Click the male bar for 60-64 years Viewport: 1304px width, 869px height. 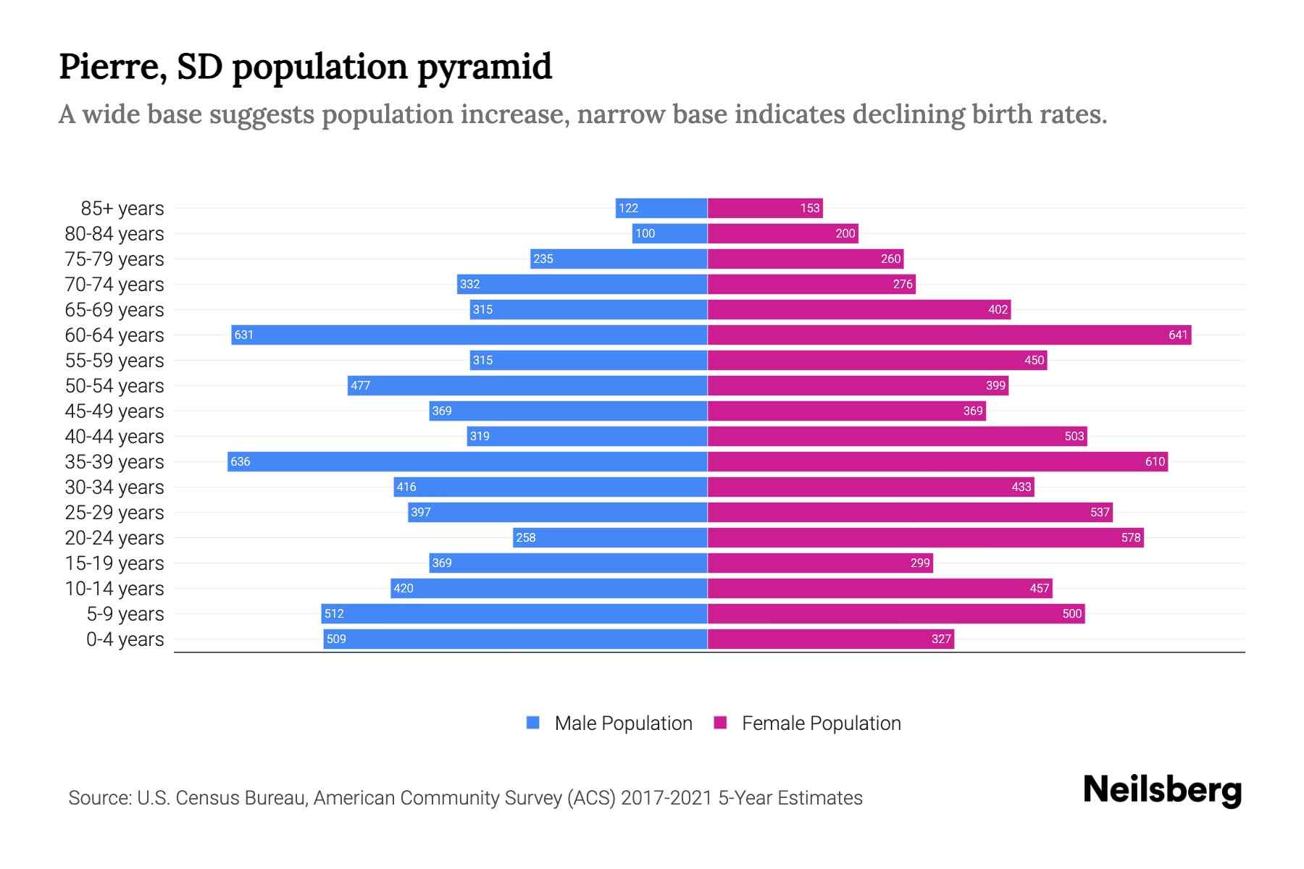point(469,335)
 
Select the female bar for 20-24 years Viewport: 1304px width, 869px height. point(925,537)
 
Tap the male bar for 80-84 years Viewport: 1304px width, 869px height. point(669,233)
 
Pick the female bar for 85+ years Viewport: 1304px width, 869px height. point(765,208)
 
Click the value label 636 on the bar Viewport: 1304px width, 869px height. point(240,461)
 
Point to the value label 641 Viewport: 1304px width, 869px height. point(1178,335)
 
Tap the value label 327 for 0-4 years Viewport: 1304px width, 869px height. point(941,639)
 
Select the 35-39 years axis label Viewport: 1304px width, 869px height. point(114,461)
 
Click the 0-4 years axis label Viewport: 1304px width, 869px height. point(125,639)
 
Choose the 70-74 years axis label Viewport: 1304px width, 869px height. point(114,284)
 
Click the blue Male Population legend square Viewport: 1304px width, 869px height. point(533,723)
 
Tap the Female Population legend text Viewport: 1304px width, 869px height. point(821,723)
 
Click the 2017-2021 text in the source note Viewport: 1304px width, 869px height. point(666,797)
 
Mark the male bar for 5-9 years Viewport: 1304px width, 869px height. point(514,613)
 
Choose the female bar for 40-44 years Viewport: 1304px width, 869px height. point(897,436)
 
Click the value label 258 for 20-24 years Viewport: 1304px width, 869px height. point(525,537)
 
